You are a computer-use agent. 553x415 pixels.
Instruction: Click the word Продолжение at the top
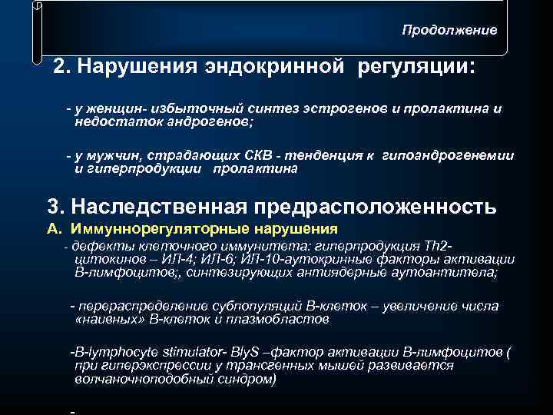[x=449, y=30]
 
